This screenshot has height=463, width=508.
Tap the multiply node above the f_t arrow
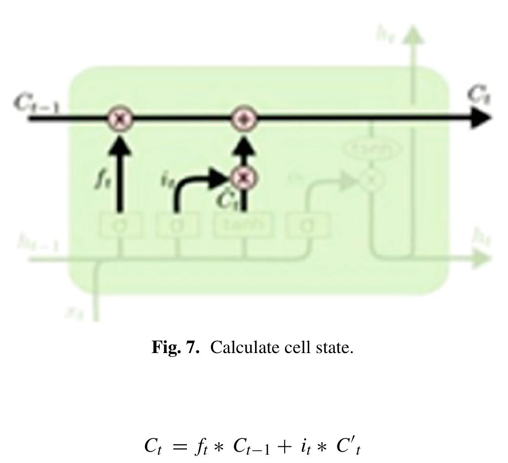(x=120, y=119)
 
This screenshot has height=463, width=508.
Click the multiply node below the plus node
(x=243, y=178)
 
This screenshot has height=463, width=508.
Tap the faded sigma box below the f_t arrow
(x=120, y=225)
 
